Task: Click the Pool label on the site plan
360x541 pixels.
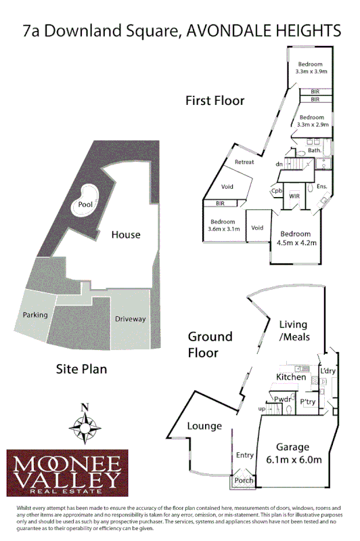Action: (86, 204)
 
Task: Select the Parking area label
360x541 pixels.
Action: (35, 315)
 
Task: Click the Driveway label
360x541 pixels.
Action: (130, 319)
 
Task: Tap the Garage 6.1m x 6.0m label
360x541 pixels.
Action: (293, 453)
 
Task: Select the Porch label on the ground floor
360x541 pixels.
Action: (243, 481)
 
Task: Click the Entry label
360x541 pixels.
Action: (244, 456)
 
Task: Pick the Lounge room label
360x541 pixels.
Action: (205, 426)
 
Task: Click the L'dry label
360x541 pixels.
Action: (328, 371)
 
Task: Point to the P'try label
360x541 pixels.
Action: (308, 402)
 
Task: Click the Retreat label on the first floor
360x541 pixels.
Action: (244, 163)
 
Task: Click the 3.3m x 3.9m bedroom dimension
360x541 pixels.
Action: (311, 72)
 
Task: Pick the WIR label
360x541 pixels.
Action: (294, 196)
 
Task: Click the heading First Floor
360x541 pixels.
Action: (215, 101)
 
